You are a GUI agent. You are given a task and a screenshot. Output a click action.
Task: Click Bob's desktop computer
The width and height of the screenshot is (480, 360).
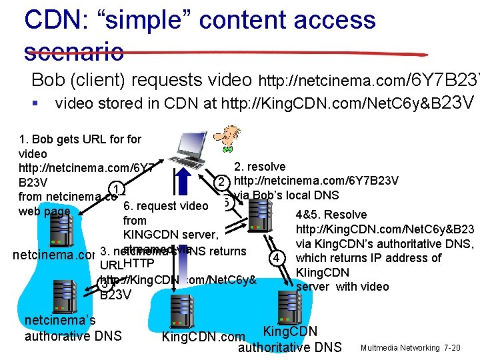pyautogui.click(x=193, y=151)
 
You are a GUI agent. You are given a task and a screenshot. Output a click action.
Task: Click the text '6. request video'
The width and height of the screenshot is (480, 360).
pyautogui.click(x=165, y=206)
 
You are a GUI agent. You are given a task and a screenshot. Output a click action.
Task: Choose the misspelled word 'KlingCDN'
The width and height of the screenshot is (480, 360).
pyautogui.click(x=322, y=273)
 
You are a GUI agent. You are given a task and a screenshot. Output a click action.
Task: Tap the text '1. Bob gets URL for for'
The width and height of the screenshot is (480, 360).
pyautogui.click(x=80, y=139)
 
